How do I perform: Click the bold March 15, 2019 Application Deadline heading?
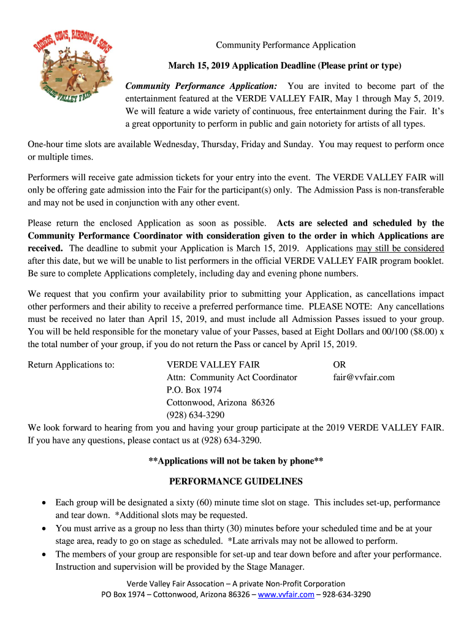pyautogui.click(x=285, y=66)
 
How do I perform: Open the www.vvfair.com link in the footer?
pyautogui.click(x=287, y=594)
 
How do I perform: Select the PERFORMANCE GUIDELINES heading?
pyautogui.click(x=236, y=481)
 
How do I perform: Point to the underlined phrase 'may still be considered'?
pyautogui.click(x=400, y=248)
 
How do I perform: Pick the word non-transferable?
pyautogui.click(x=406, y=190)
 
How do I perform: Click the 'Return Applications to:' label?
pyautogui.click(x=71, y=364)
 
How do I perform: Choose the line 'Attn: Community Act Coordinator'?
pyautogui.click(x=232, y=377)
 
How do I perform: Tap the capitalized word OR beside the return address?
pyautogui.click(x=340, y=364)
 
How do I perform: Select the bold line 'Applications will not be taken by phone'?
pyautogui.click(x=236, y=461)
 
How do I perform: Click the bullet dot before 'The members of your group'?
pyautogui.click(x=44, y=554)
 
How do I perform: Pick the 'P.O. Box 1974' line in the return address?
pyautogui.click(x=194, y=390)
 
